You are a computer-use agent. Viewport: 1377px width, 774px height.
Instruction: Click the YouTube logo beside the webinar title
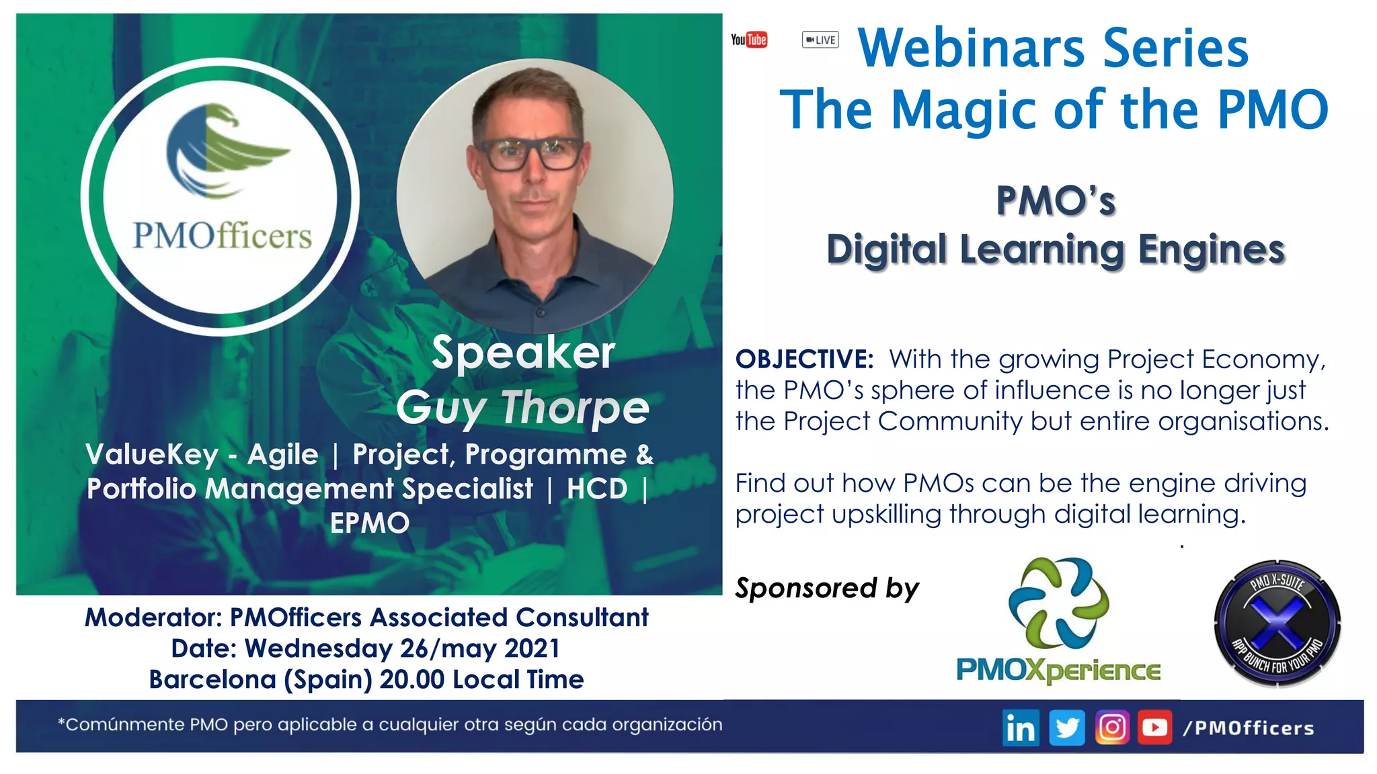click(749, 40)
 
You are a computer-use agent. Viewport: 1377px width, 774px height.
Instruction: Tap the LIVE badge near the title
click(820, 40)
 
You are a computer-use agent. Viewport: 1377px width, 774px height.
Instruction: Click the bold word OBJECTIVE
click(804, 359)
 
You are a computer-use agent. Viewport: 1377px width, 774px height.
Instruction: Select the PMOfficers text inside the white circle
click(222, 236)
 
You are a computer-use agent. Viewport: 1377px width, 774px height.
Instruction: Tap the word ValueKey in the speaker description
click(152, 455)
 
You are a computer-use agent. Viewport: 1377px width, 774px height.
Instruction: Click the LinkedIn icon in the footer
click(1021, 728)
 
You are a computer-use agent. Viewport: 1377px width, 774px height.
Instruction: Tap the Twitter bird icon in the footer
click(1066, 728)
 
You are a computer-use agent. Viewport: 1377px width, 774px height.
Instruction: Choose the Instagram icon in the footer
click(1112, 728)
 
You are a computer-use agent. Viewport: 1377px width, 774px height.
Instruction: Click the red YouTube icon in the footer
click(1155, 728)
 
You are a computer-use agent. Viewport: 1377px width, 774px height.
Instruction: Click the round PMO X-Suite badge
click(1277, 623)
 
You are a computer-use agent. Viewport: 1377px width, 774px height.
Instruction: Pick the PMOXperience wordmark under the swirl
click(1058, 670)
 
